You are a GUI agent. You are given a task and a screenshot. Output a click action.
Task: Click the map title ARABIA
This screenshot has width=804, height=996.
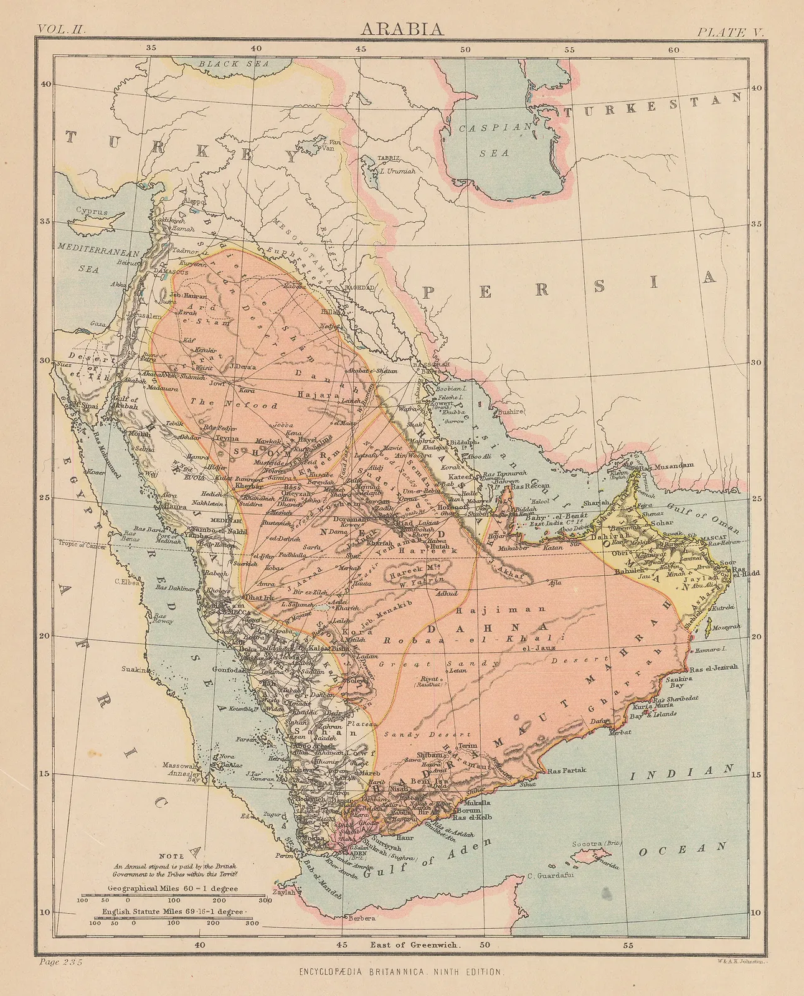[x=402, y=29]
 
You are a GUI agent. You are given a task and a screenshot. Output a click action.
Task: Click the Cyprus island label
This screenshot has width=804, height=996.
[x=92, y=211]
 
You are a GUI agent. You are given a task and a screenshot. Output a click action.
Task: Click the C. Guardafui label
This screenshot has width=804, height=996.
[x=549, y=876]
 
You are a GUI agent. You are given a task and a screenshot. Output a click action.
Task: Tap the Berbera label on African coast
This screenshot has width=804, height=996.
[x=362, y=918]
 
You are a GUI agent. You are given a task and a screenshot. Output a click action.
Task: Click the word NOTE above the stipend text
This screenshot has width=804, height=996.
[x=171, y=856]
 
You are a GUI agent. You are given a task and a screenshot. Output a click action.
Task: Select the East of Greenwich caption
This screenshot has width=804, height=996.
[x=416, y=944]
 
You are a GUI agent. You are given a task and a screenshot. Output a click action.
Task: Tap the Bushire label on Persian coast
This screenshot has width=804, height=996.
[x=510, y=411]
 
